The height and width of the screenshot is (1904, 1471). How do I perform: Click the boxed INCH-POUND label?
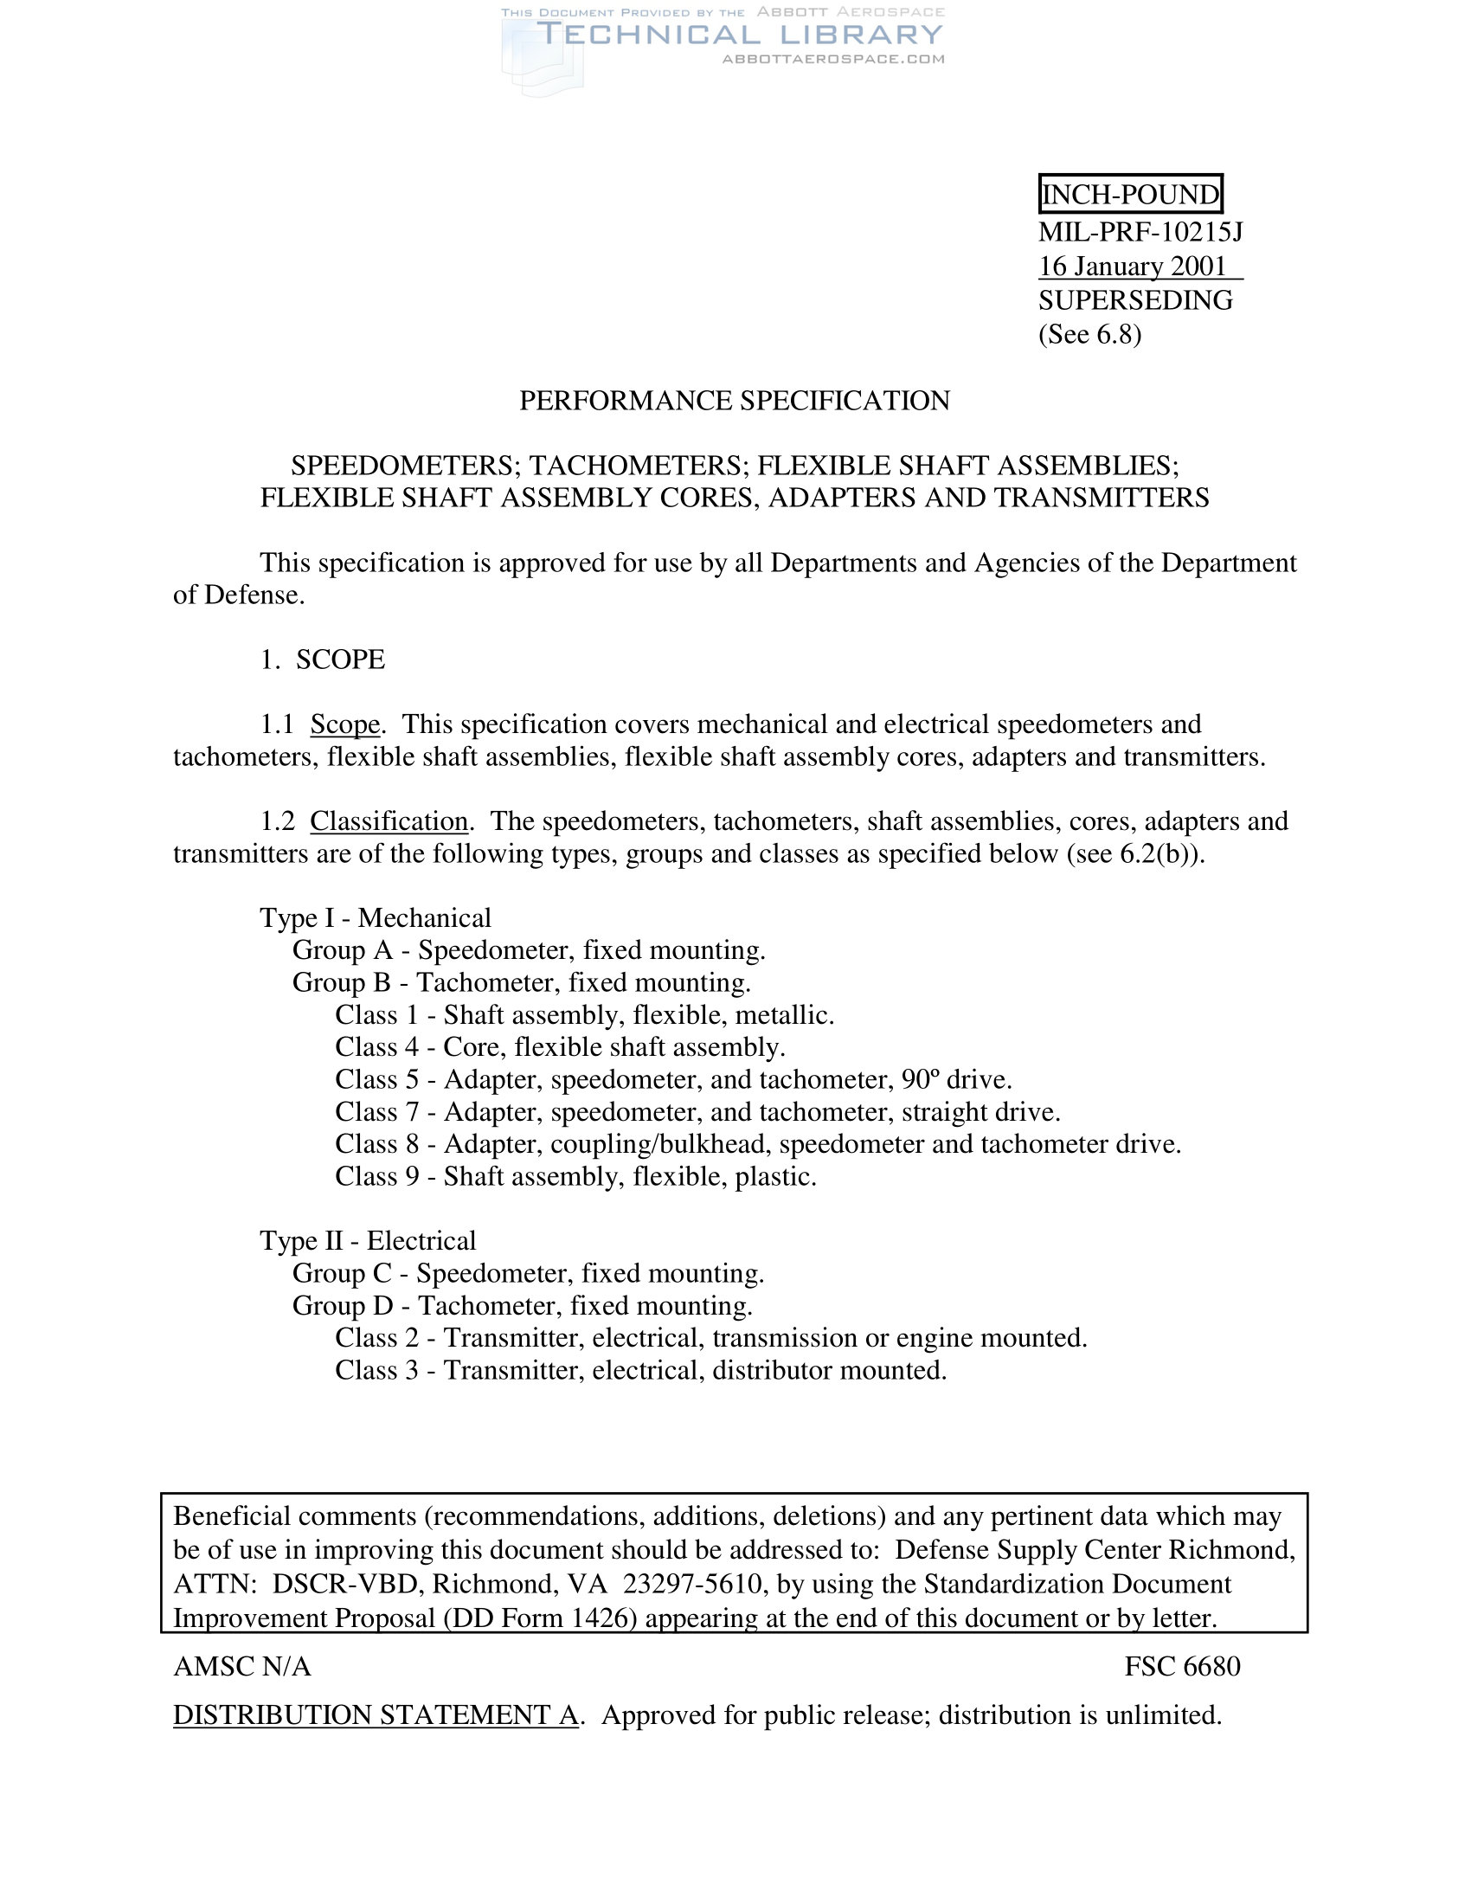click(x=1130, y=194)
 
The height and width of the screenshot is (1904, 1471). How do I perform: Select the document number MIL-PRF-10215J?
click(x=1140, y=232)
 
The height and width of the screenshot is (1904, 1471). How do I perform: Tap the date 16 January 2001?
click(x=1132, y=266)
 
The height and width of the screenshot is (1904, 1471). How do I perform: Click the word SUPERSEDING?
click(x=1134, y=300)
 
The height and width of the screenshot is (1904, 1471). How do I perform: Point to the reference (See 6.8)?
click(x=1089, y=334)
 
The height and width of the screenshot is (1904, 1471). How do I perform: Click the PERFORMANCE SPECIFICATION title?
click(x=735, y=400)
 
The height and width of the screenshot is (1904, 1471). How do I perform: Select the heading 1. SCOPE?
click(x=323, y=659)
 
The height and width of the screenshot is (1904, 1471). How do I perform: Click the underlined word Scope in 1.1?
click(x=345, y=724)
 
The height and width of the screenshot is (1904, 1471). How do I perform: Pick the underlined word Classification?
click(x=389, y=821)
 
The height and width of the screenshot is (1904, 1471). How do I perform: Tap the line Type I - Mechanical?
click(x=376, y=918)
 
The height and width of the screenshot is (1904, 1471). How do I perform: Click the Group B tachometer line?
click(x=521, y=982)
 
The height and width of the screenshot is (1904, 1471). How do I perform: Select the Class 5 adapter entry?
click(x=672, y=1079)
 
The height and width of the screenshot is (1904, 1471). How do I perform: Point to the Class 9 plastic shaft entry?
click(x=575, y=1176)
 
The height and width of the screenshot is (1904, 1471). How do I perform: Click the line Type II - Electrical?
click(x=368, y=1240)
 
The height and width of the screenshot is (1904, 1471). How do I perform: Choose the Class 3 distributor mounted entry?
click(x=640, y=1370)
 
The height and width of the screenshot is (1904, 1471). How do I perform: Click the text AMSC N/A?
click(x=242, y=1666)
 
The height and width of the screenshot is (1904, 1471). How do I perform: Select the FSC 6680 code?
click(x=1182, y=1666)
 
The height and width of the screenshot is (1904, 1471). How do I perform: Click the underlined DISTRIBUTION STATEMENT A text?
click(x=376, y=1714)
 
